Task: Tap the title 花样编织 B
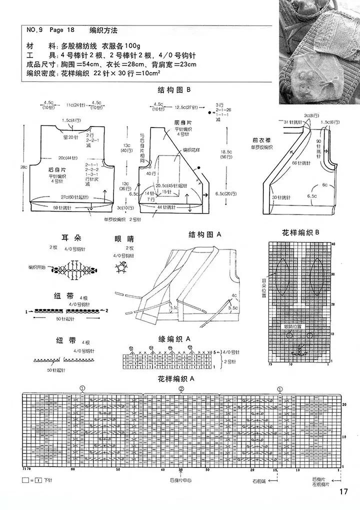click(x=300, y=232)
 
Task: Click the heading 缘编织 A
click(x=175, y=338)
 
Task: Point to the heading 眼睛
click(x=124, y=239)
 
